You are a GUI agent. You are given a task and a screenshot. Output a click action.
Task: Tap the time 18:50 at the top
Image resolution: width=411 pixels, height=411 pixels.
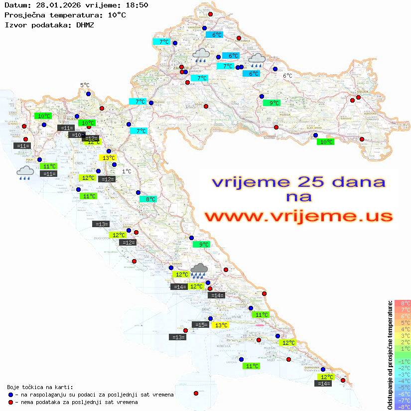(x=137, y=5)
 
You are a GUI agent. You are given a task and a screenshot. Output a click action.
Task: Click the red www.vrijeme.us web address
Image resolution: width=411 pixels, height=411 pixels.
(x=298, y=216)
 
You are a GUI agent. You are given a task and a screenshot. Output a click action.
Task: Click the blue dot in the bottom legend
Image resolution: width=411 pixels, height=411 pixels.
(x=10, y=395)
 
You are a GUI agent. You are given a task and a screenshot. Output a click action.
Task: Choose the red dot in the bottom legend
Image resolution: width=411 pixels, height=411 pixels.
(x=10, y=402)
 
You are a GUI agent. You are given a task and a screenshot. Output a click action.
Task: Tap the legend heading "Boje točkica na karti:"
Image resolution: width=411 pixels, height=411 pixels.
(x=40, y=387)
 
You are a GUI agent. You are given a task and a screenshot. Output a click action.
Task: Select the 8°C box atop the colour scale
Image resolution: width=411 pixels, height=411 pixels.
(x=403, y=303)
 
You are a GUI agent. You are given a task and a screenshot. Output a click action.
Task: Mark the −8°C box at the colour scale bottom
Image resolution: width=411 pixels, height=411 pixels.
(x=403, y=407)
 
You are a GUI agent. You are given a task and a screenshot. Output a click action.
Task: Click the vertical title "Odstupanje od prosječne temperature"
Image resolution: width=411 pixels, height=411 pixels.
(x=390, y=355)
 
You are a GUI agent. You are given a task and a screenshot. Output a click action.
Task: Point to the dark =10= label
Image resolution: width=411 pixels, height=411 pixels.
(x=77, y=135)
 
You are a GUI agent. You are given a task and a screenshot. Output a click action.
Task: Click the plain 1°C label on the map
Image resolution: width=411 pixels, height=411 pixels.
(x=127, y=171)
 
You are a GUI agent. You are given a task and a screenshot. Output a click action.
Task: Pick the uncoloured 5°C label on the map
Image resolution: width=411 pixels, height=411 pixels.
(x=85, y=86)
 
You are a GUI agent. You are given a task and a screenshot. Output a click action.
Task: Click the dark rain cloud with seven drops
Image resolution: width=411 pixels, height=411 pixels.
(x=200, y=271)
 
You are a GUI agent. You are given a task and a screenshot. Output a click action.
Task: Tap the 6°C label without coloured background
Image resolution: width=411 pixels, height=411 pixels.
(x=287, y=76)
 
